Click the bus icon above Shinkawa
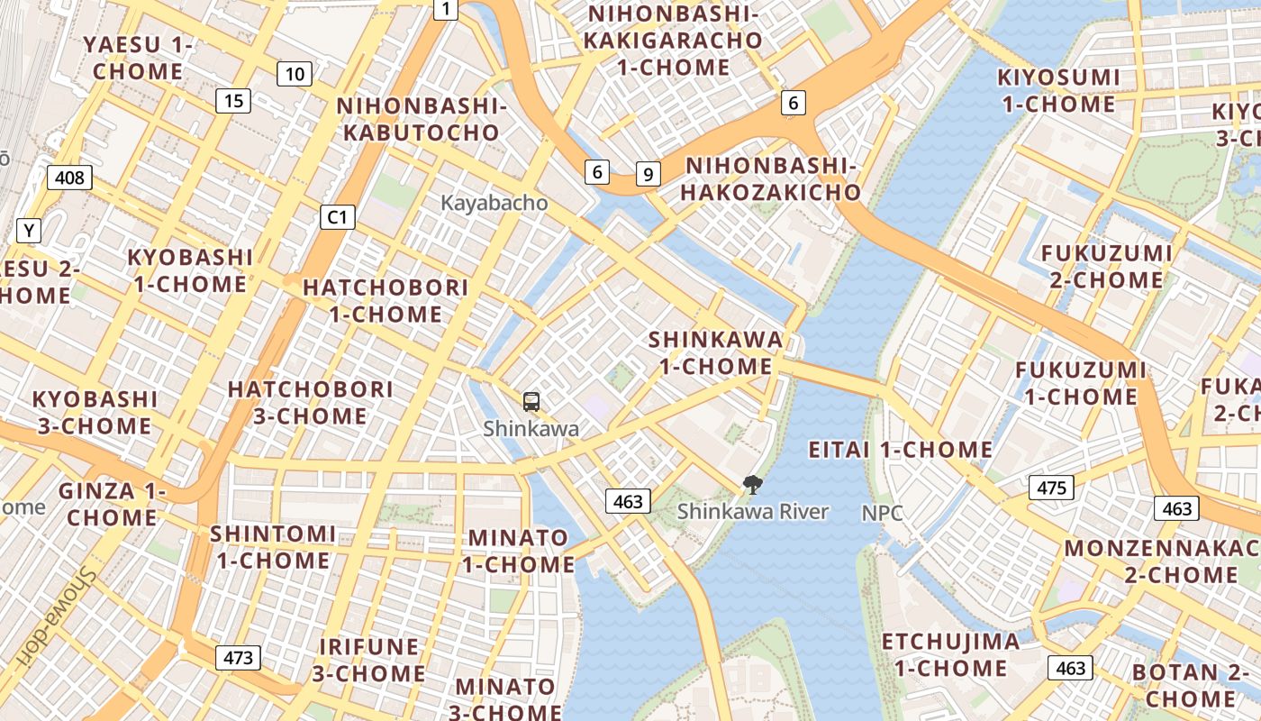531,401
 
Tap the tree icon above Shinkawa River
752,485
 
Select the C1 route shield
338,217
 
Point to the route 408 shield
69,178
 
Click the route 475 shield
1051,488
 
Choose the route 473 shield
238,658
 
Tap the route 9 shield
648,174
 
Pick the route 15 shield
233,101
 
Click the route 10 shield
295,74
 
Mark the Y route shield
29,231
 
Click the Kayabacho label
494,203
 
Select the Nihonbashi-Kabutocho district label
418,119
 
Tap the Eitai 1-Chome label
900,450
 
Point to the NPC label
882,513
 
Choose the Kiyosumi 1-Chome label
1058,90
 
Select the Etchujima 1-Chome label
950,655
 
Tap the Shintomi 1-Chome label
273,547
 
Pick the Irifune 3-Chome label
369,661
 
